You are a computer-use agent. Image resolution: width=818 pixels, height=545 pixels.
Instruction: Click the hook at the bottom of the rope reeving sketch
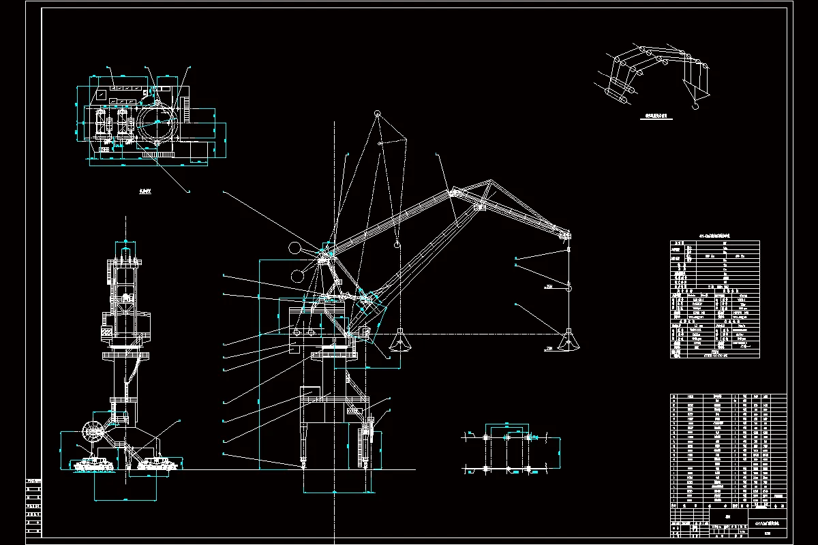tap(695, 106)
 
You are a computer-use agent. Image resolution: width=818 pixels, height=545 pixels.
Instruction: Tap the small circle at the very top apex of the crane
tap(376, 113)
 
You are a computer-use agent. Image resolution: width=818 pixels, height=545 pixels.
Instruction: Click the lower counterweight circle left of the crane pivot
tap(297, 276)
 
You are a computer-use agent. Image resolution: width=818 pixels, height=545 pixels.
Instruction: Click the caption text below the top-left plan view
tap(143, 192)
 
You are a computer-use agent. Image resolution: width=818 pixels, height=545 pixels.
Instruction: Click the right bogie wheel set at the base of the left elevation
tap(157, 465)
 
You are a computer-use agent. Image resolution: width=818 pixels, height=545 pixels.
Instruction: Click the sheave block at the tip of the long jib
tap(564, 236)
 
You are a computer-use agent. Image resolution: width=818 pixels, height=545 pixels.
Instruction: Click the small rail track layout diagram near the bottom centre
tap(508, 450)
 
